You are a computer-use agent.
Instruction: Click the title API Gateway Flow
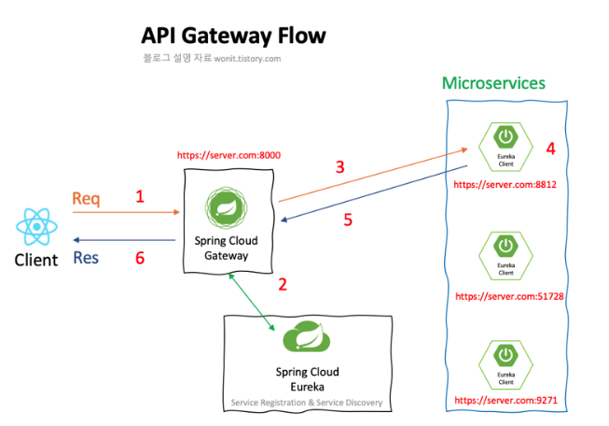233,35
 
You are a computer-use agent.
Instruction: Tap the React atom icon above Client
36,227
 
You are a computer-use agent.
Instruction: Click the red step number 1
140,197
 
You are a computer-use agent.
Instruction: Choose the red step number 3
340,167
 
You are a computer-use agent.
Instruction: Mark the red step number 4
550,149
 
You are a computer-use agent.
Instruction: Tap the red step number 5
348,221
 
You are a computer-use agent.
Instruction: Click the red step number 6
140,257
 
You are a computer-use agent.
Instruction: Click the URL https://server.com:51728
508,296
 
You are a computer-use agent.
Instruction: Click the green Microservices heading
493,83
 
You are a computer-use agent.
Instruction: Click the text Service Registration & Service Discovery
307,404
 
